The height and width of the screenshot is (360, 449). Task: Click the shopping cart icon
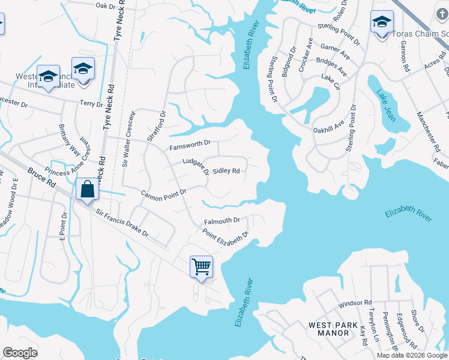(201, 266)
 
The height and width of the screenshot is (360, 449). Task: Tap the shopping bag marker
(88, 190)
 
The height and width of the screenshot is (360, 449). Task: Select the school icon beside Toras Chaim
(382, 23)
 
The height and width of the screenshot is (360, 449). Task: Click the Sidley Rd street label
(226, 171)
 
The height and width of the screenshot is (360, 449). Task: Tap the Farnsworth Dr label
(190, 143)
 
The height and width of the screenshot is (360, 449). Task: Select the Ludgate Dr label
(195, 166)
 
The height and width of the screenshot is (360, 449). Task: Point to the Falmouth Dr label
(222, 221)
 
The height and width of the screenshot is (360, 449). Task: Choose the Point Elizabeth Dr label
(225, 237)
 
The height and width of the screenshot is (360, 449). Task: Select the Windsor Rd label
(355, 304)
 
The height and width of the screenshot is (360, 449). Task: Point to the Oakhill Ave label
(328, 129)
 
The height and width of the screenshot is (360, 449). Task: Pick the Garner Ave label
(336, 55)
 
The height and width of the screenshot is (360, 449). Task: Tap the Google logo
(20, 353)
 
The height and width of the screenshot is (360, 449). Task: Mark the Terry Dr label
(91, 104)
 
